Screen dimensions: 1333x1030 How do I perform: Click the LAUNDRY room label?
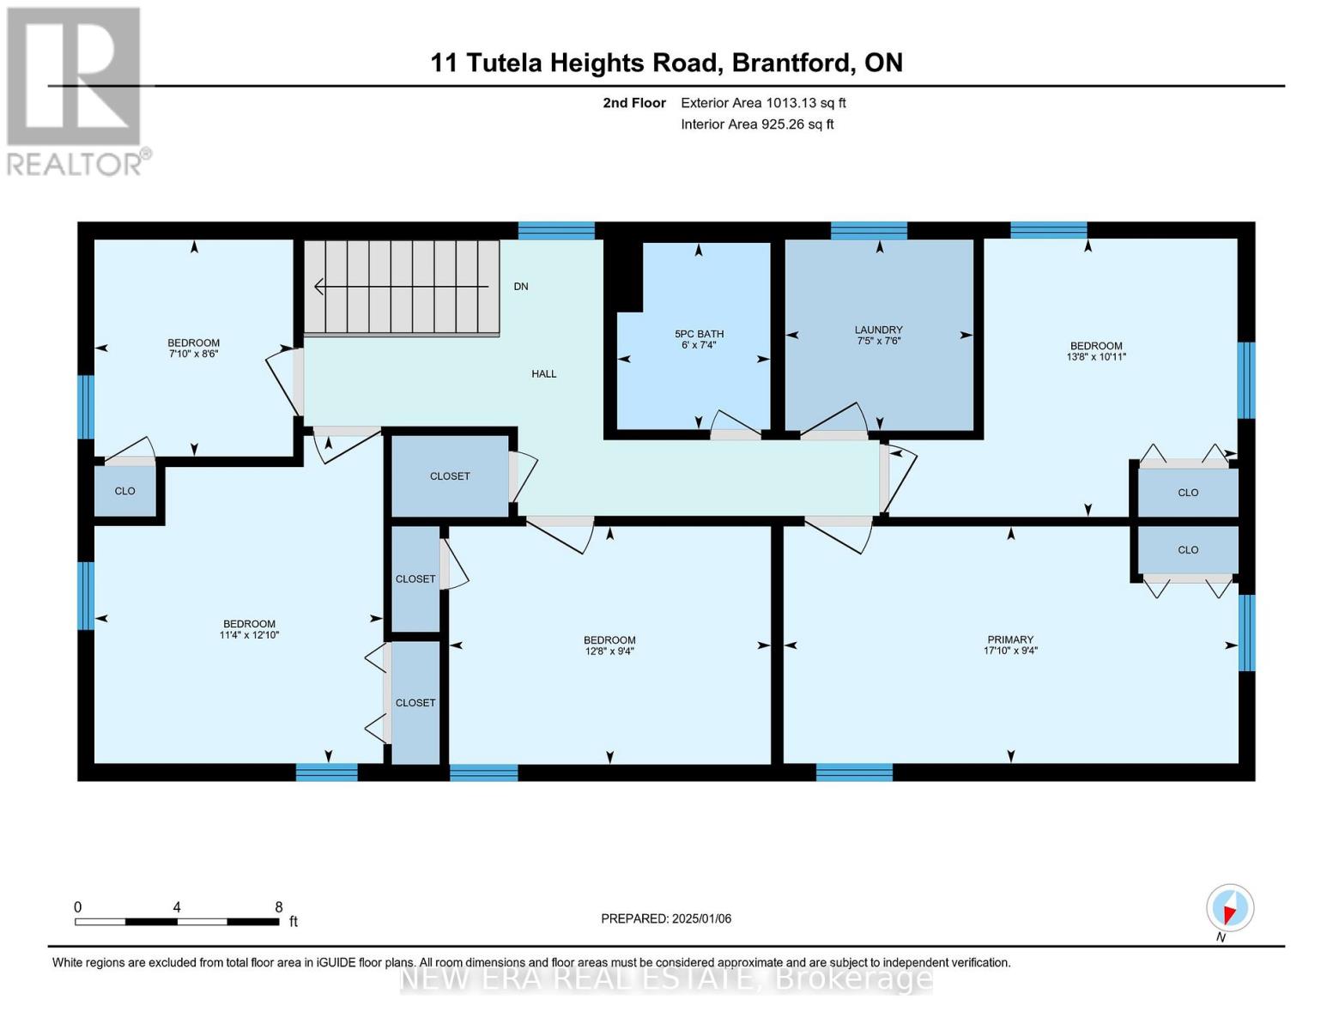pyautogui.click(x=878, y=330)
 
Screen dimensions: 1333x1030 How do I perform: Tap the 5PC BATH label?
pyautogui.click(x=699, y=334)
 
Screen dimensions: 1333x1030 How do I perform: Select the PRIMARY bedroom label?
pyautogui.click(x=1009, y=639)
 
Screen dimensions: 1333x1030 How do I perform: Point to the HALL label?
pyautogui.click(x=543, y=373)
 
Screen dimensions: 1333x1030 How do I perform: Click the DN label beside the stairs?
pyautogui.click(x=521, y=287)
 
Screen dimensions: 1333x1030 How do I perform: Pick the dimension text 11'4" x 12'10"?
pyautogui.click(x=249, y=635)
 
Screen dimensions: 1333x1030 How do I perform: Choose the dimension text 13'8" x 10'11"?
pyautogui.click(x=1095, y=356)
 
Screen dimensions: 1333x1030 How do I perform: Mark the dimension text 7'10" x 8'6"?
pyautogui.click(x=193, y=354)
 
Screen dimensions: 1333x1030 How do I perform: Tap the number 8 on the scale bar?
pyautogui.click(x=278, y=907)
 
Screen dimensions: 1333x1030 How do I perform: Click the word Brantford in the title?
pyautogui.click(x=791, y=63)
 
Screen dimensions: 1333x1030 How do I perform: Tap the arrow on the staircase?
pyautogui.click(x=401, y=287)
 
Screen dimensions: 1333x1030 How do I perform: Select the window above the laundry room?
pyautogui.click(x=868, y=231)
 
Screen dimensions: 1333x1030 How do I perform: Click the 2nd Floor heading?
pyautogui.click(x=633, y=103)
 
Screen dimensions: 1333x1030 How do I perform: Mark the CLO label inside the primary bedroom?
pyautogui.click(x=1188, y=549)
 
